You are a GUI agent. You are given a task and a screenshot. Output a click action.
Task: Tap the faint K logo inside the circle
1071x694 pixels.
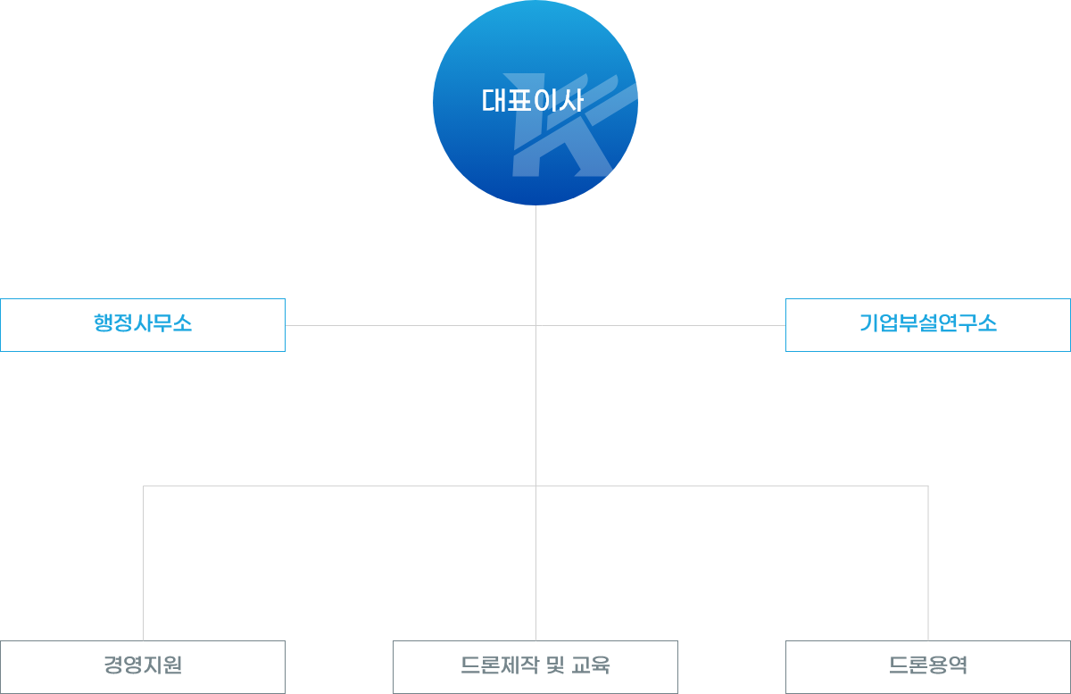click(x=571, y=134)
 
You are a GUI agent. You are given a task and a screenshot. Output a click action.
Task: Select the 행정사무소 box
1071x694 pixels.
click(x=143, y=324)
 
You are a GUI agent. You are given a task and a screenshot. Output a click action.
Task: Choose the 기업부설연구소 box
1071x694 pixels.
click(x=928, y=324)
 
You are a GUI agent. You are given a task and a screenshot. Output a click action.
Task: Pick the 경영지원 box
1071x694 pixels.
click(x=143, y=666)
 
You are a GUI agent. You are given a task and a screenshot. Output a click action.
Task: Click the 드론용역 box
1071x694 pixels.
click(x=928, y=666)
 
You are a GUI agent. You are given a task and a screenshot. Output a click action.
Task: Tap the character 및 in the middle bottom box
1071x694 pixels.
click(x=554, y=665)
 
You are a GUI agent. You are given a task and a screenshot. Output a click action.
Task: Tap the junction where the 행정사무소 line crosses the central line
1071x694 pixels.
click(x=535, y=325)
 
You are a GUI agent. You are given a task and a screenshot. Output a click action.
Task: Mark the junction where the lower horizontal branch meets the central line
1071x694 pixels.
click(x=535, y=486)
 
